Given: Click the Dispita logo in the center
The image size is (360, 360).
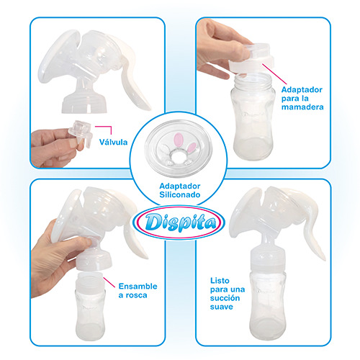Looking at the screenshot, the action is tap(179, 222).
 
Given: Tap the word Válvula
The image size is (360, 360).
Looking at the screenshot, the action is tap(113, 142).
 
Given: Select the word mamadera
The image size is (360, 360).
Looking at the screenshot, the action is tap(302, 107).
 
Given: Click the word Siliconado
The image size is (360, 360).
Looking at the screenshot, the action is tap(180, 194).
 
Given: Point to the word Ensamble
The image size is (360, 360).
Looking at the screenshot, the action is tap(138, 286).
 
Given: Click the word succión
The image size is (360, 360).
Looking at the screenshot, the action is tap(225, 298).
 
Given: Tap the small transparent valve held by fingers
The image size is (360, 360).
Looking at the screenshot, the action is tap(81, 132).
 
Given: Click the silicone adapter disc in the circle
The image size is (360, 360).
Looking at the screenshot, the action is tap(179, 148).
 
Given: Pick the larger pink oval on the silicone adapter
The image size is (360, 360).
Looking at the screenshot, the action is tap(178, 140).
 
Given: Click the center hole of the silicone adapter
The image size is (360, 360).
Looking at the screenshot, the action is tap(179, 156).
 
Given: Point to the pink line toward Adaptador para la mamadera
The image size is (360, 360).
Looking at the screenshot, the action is tap(274, 74).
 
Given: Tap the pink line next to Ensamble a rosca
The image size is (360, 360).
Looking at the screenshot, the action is tap(109, 282).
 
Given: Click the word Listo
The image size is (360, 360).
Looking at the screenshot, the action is tap(220, 281).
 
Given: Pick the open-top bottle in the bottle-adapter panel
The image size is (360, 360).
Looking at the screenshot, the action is tap(253, 117).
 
